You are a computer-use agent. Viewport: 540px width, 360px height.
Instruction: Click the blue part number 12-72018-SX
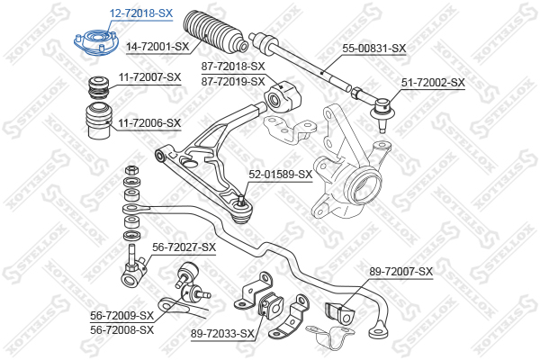tap(141, 13)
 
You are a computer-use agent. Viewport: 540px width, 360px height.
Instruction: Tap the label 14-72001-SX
tap(157, 46)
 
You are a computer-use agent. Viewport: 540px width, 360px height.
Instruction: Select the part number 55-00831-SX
tap(374, 49)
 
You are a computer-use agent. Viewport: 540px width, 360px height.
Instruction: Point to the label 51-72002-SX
tap(433, 82)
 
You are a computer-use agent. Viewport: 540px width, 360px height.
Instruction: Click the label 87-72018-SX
tap(233, 66)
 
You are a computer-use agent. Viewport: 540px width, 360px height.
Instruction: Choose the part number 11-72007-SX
tap(149, 77)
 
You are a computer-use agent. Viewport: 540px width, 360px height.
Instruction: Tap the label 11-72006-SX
tap(149, 122)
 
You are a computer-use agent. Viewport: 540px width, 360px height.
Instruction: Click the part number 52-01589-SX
tap(280, 175)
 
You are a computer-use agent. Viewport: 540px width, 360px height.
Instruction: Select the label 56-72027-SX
tap(184, 247)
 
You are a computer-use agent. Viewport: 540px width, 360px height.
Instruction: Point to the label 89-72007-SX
tap(401, 272)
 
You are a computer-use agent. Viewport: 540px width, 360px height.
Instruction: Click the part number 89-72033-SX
tap(222, 334)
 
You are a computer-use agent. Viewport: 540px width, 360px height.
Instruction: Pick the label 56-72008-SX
tap(121, 330)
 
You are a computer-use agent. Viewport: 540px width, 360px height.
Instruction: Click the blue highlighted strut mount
tap(96, 42)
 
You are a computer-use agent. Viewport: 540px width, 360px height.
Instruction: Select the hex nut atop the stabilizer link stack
tap(131, 170)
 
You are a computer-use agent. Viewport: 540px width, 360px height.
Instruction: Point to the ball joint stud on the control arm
tap(241, 200)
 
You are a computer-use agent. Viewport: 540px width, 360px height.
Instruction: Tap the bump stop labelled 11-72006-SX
tap(99, 121)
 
